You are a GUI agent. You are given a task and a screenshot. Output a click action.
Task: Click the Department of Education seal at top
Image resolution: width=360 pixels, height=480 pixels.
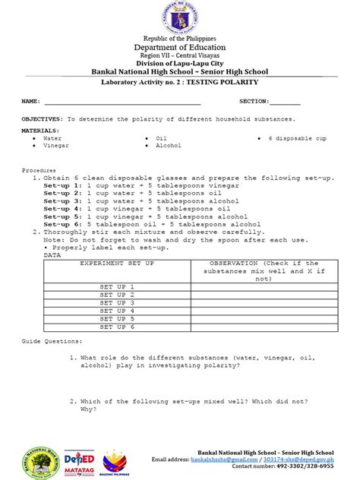pyautogui.click(x=180, y=17)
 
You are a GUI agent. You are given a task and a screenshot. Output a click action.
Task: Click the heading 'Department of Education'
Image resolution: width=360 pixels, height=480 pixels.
pyautogui.click(x=180, y=46)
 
